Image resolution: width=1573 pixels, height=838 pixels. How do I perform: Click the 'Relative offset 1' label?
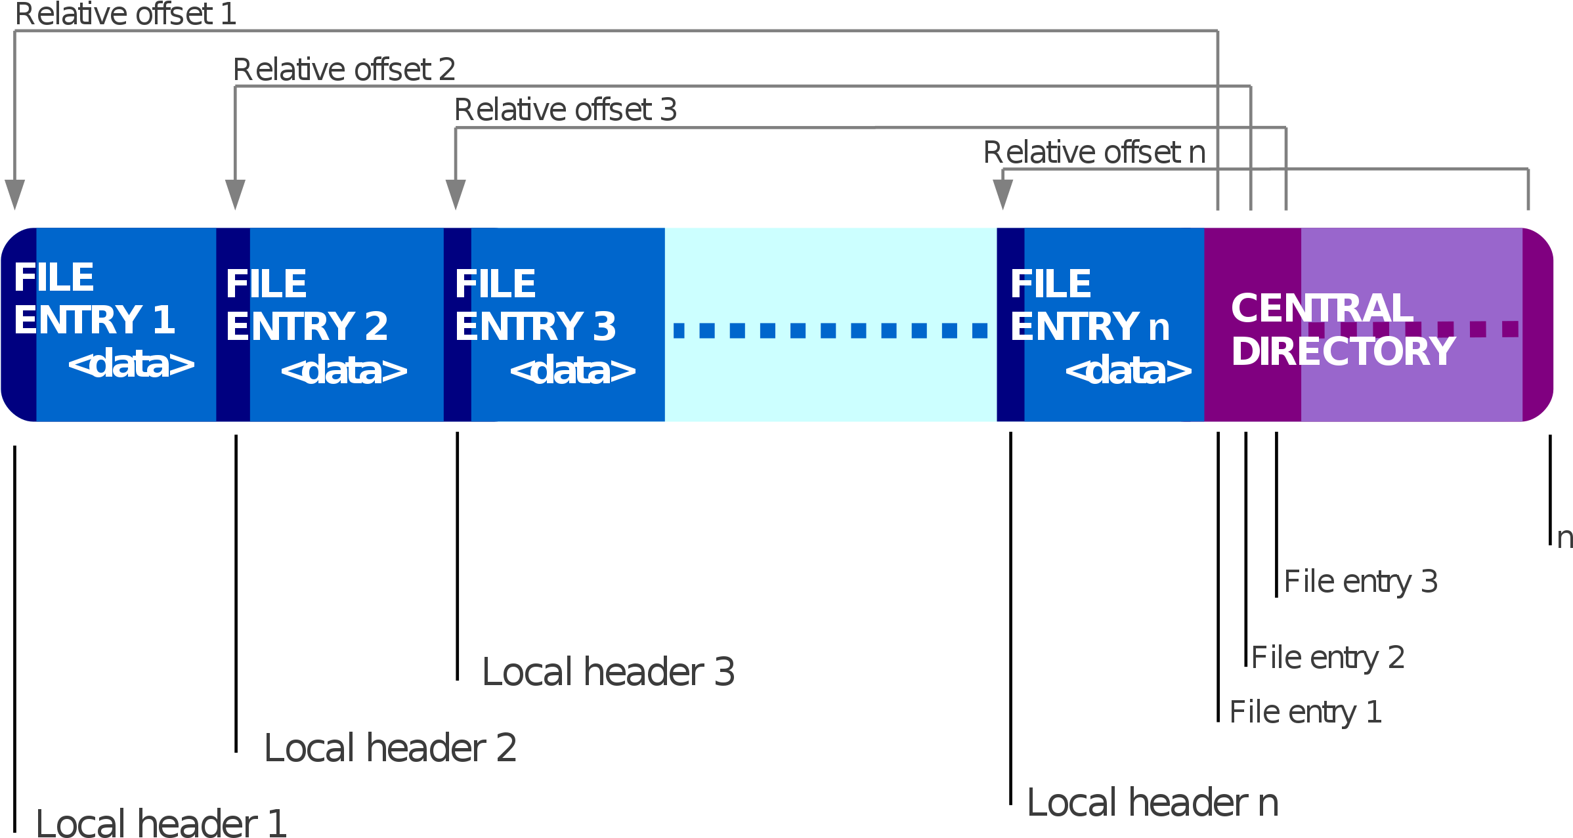[x=125, y=14]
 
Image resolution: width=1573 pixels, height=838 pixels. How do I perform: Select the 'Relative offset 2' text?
[x=344, y=70]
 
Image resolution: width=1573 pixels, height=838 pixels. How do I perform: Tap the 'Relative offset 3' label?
[x=565, y=110]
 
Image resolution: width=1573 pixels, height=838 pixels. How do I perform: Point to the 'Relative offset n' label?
[x=1094, y=152]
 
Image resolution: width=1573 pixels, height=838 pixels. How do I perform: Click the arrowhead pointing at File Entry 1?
[x=15, y=194]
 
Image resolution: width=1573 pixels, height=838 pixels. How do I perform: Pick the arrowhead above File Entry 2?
[x=235, y=194]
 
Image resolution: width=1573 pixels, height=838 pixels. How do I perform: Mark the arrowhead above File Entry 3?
[x=456, y=194]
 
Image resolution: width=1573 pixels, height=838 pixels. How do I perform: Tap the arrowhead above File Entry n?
[x=1002, y=194]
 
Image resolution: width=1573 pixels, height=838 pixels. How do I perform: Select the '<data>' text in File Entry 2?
[x=344, y=371]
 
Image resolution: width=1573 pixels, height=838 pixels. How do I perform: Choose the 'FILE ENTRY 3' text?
[x=536, y=305]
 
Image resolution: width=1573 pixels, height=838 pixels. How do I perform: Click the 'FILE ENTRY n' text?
[x=1090, y=305]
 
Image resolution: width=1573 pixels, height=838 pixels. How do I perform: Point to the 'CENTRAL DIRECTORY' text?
[x=1343, y=329]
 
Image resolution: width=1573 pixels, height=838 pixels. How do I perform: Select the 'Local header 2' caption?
[x=391, y=747]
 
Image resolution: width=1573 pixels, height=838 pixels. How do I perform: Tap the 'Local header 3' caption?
[x=609, y=671]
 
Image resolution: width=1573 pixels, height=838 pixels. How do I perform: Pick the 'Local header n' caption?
[x=1153, y=803]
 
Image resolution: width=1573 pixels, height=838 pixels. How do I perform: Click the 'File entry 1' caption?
[x=1306, y=712]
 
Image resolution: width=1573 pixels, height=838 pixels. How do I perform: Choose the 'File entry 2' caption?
[x=1328, y=658]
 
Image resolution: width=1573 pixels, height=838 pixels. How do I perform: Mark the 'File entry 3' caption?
[x=1361, y=581]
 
